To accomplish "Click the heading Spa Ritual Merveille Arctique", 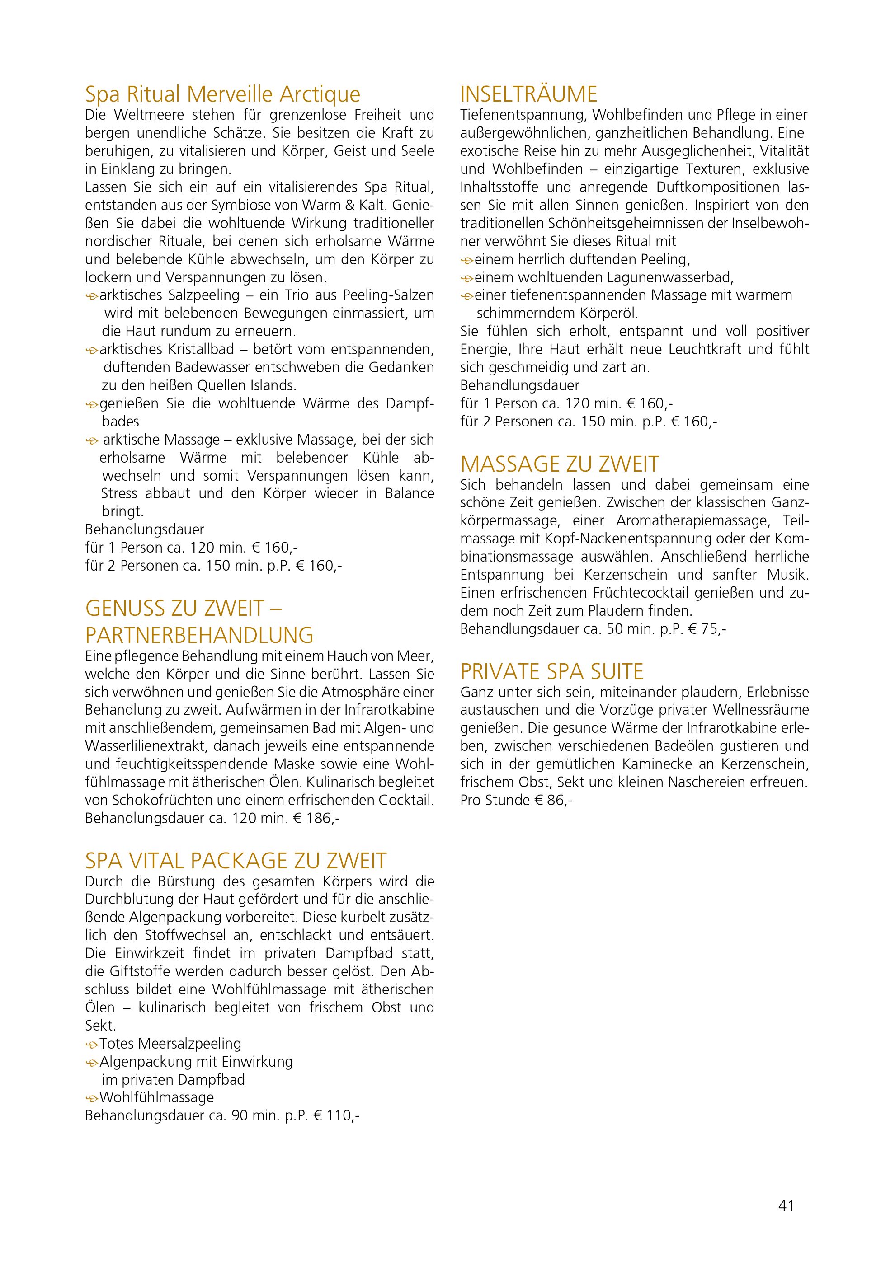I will coord(223,95).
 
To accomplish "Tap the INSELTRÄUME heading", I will coord(528,95).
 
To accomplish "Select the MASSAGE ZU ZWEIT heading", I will coord(560,464).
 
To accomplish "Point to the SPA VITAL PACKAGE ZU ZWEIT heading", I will coord(236,861).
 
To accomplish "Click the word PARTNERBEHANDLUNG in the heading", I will coord(199,635).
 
